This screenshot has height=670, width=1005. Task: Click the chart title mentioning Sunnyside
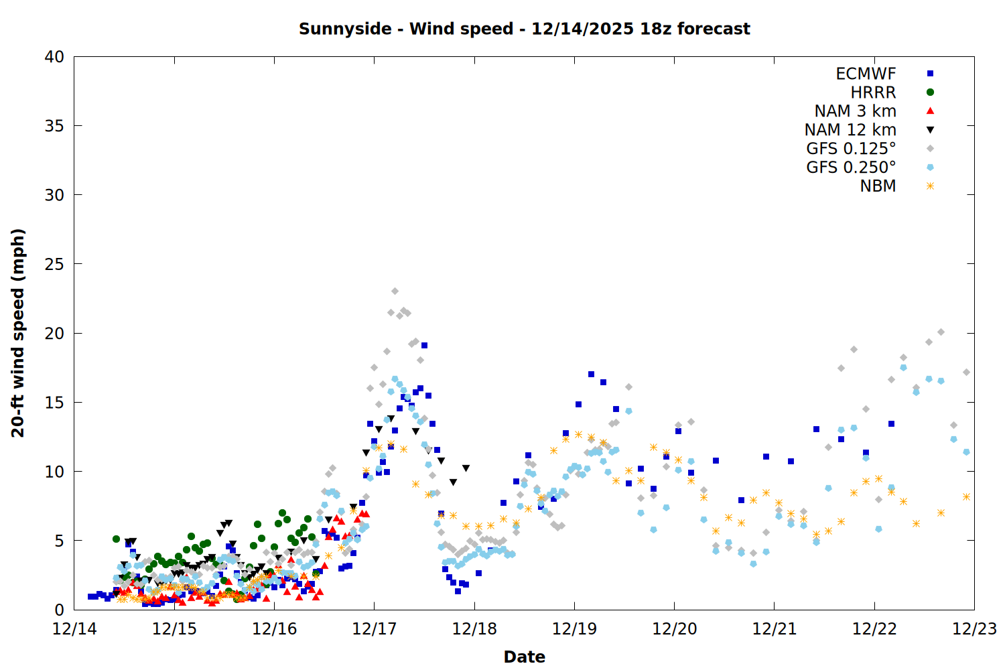[x=524, y=29]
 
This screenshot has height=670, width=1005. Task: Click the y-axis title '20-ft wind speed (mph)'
[x=18, y=333]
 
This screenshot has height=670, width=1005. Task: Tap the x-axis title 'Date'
[x=524, y=657]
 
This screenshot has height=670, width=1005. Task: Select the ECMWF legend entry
[x=866, y=74]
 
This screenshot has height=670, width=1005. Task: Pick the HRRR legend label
[x=873, y=92]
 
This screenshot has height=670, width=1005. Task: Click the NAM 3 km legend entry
[x=855, y=111]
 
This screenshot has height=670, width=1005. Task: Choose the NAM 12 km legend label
[x=850, y=130]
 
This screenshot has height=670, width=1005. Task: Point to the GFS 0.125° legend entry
[x=851, y=149]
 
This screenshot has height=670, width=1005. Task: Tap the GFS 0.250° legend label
[x=851, y=167]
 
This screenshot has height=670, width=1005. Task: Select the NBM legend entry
[x=878, y=186]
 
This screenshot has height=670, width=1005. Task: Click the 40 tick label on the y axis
[x=54, y=57]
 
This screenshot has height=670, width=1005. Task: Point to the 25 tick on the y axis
[x=54, y=264]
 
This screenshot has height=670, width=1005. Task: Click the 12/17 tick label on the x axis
[x=374, y=629]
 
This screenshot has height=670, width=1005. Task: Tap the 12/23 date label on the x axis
[x=974, y=629]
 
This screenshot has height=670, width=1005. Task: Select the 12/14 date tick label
[x=74, y=629]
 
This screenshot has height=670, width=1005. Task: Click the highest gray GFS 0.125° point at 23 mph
[x=395, y=291]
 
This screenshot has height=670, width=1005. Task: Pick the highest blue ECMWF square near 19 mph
[x=424, y=346]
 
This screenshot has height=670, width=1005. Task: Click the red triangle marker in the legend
[x=930, y=111]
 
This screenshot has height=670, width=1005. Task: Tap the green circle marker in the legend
[x=930, y=92]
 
